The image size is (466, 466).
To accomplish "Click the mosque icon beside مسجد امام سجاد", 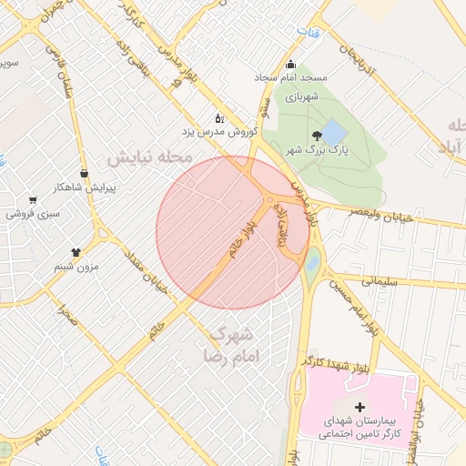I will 291,64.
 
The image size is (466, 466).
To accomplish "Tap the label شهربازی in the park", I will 299,96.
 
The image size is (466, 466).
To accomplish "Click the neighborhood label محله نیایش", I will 150,157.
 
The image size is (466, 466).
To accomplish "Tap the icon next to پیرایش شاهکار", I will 85,172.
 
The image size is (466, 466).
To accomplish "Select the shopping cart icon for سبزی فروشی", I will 33,200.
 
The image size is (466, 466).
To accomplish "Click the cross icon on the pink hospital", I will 359,406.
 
